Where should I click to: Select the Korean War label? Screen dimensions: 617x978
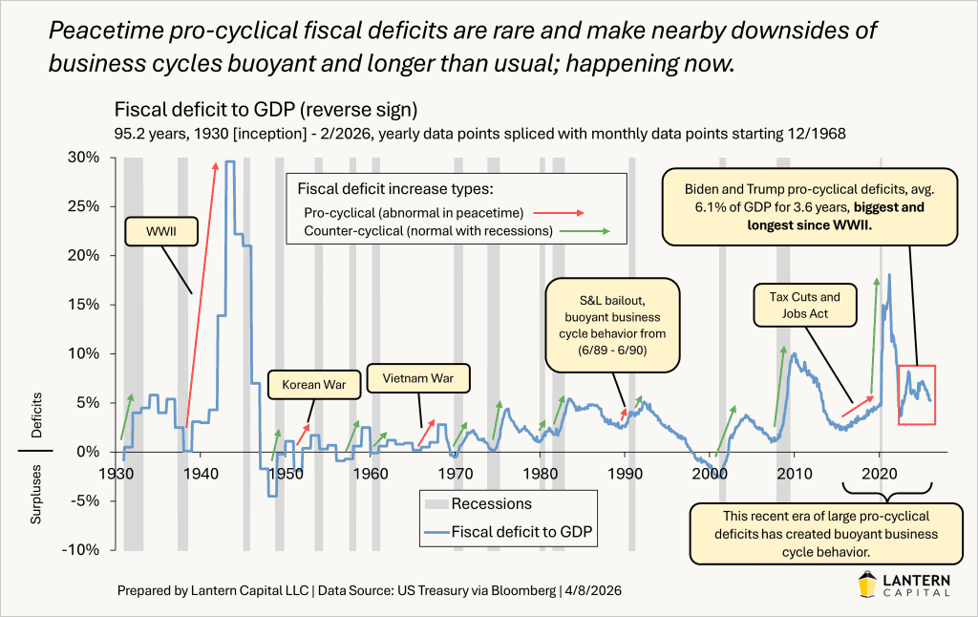[308, 386]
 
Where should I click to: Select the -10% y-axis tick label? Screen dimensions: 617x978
[86, 550]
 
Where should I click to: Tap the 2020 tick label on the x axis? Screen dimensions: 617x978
[878, 475]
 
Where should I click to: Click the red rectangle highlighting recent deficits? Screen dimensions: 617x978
[915, 394]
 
